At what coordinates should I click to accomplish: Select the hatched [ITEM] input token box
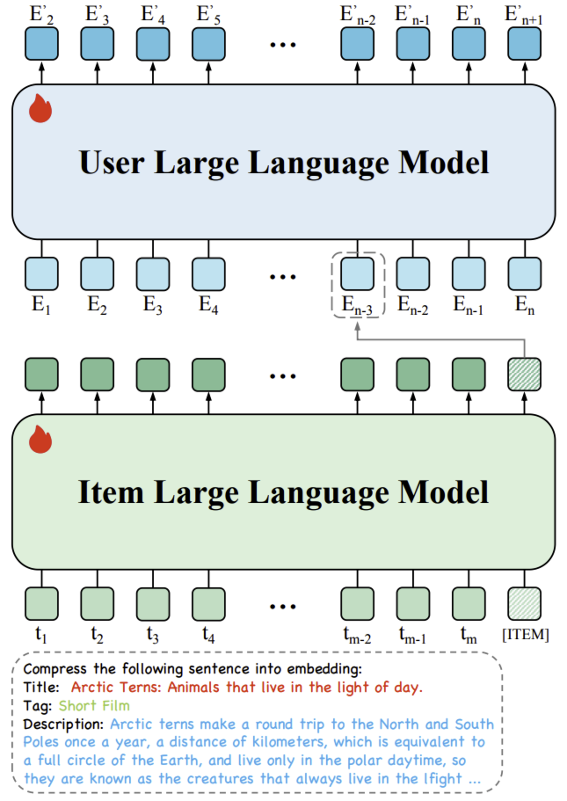point(525,604)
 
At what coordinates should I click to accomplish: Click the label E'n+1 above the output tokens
point(525,14)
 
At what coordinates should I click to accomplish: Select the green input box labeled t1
point(41,604)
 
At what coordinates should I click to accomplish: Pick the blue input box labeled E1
point(41,273)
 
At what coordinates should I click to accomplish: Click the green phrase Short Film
point(94,706)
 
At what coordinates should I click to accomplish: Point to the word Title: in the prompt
point(42,687)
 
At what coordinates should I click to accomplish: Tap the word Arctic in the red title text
point(93,687)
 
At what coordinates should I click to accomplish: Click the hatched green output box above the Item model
point(525,374)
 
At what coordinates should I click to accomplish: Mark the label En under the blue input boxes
point(525,306)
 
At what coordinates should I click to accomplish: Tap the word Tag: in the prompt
point(39,706)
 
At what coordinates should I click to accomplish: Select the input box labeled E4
point(208,273)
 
